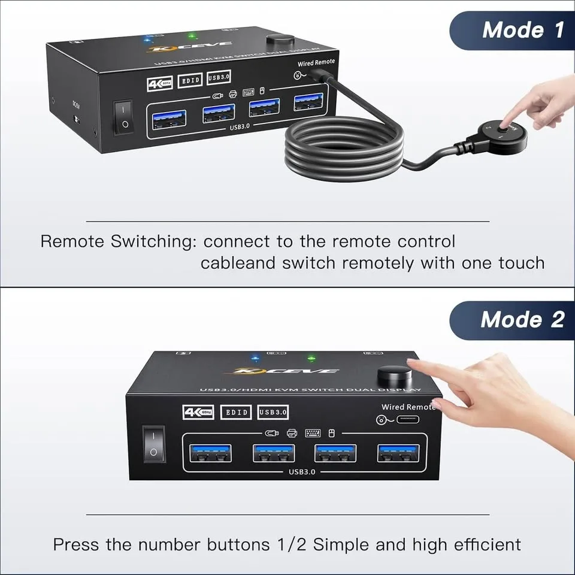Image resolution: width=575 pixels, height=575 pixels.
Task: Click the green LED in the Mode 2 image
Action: pyautogui.click(x=311, y=360)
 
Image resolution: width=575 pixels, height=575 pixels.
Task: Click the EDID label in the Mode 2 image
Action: pyautogui.click(x=236, y=412)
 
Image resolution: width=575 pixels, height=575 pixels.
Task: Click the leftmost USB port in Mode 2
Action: pyautogui.click(x=211, y=453)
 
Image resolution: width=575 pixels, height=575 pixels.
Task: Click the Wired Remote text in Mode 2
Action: pyautogui.click(x=408, y=407)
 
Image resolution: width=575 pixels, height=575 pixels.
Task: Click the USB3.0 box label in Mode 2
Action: pyautogui.click(x=274, y=412)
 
